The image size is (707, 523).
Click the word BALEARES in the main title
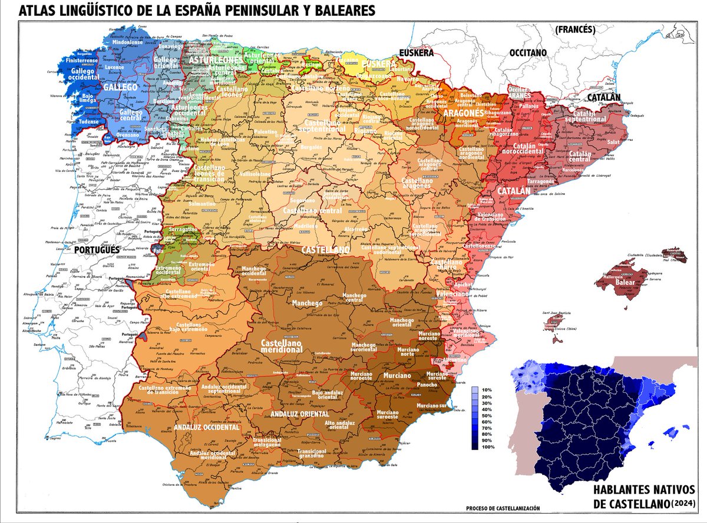coord(342,11)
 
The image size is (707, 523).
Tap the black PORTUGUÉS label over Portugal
coord(97,250)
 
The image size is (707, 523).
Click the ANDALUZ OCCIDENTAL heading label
coord(206,428)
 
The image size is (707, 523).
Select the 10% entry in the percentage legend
coord(486,390)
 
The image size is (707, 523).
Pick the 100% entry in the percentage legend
coord(487,447)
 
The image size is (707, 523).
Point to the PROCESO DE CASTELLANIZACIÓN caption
coord(502,508)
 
